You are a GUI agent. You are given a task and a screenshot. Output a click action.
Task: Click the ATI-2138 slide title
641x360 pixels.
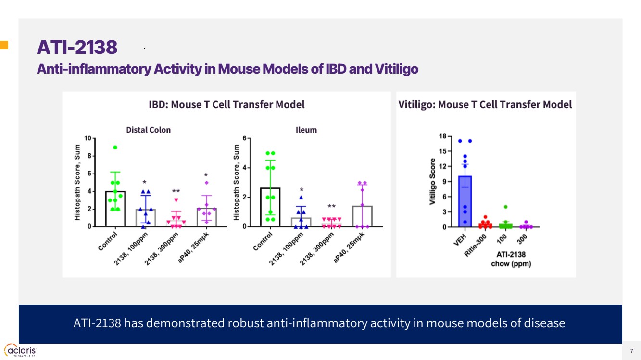click(x=77, y=48)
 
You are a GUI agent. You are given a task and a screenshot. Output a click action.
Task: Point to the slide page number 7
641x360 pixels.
click(x=631, y=350)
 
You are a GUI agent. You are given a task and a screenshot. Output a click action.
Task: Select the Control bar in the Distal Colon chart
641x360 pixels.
click(x=115, y=209)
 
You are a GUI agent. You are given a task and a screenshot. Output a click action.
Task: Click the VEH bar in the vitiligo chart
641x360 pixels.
click(x=465, y=201)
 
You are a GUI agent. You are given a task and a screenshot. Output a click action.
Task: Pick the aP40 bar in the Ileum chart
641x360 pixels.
click(x=362, y=216)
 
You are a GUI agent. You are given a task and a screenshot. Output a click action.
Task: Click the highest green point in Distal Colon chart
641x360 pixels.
click(x=115, y=148)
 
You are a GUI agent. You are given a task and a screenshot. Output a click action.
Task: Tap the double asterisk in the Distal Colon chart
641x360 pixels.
click(x=176, y=191)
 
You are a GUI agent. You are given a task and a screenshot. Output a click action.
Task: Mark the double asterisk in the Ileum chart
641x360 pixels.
click(x=331, y=207)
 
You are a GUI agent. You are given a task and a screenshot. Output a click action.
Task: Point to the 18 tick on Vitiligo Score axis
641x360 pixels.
click(x=442, y=137)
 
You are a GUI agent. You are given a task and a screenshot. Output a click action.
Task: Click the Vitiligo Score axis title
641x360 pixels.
click(x=433, y=181)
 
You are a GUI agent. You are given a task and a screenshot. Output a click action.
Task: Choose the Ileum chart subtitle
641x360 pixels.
click(x=306, y=130)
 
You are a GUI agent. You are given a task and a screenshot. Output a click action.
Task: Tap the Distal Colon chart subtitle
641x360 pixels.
click(x=148, y=130)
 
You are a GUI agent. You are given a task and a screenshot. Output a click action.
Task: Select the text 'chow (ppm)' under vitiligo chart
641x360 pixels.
click(x=511, y=263)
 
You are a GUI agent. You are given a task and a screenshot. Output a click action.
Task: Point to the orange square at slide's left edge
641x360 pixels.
click(x=4, y=46)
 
